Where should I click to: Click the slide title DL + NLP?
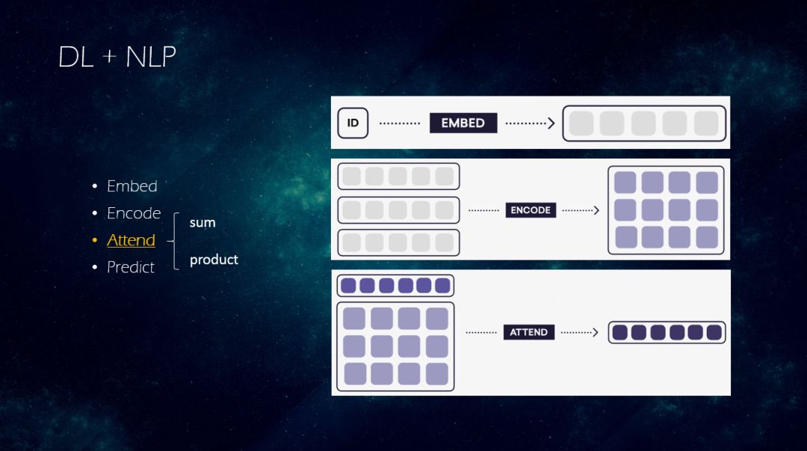tap(117, 58)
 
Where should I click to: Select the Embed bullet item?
tap(132, 186)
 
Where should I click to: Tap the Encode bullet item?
tap(134, 213)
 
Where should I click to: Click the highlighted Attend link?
tap(131, 240)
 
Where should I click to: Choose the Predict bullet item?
tap(131, 267)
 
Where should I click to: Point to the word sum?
tap(202, 222)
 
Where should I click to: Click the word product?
tap(214, 260)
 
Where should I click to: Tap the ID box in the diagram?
tap(353, 123)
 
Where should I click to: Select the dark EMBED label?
tap(463, 123)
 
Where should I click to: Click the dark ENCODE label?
tap(531, 210)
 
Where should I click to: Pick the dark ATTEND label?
tap(529, 332)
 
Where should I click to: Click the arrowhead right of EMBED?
tap(551, 123)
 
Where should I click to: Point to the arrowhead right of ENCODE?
tap(596, 210)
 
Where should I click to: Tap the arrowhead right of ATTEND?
tap(595, 332)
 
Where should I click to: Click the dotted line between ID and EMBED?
tap(400, 123)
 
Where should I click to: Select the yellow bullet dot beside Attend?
tap(95, 241)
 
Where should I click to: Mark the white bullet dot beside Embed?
tap(95, 186)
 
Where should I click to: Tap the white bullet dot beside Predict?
tap(95, 268)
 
